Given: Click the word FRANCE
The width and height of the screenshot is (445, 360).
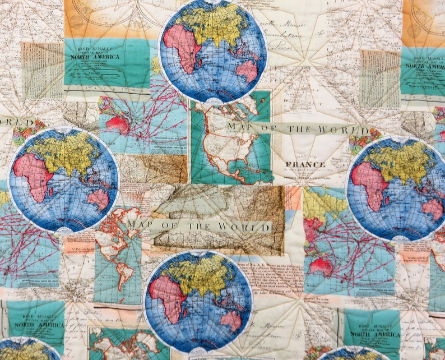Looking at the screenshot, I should [x=305, y=165].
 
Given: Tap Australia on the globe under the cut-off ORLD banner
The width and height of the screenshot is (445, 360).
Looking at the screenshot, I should [x=98, y=199].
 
